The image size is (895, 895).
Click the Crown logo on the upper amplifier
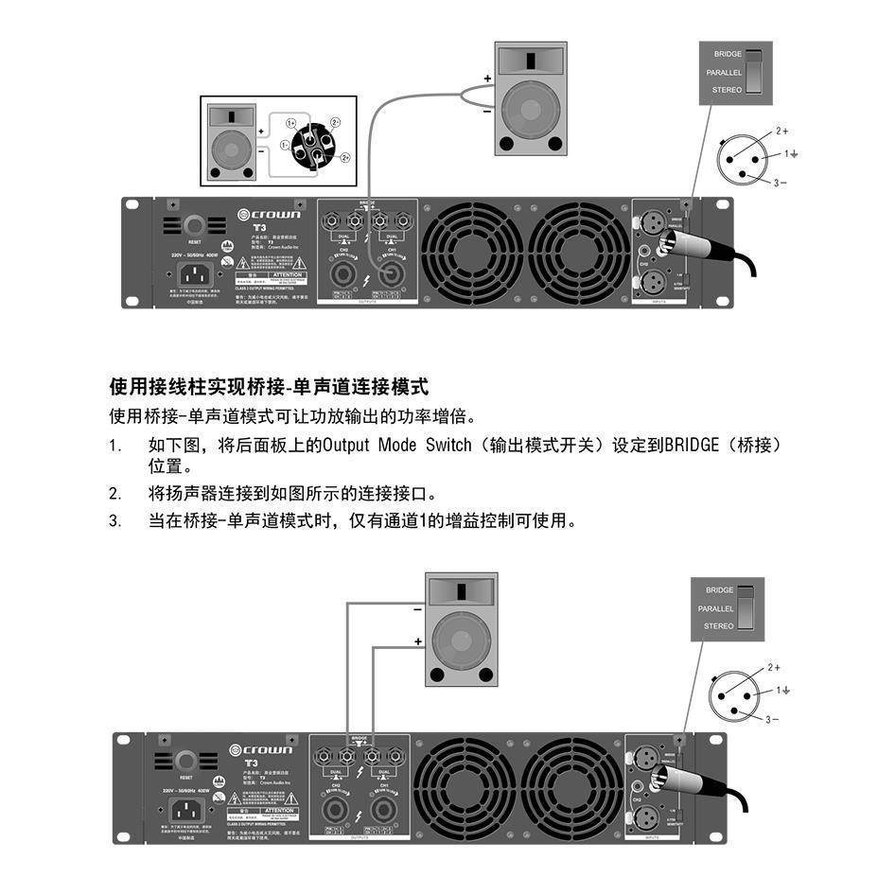point(269,215)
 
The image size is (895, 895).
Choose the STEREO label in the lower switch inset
point(718,625)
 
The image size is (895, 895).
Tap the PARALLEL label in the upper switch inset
point(724,72)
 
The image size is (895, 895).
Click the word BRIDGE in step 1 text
point(692,445)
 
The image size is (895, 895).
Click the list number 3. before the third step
point(115,520)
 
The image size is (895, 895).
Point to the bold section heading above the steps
point(270,387)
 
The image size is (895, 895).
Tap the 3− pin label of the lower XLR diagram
point(772,719)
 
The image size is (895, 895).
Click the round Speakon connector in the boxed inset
point(312,145)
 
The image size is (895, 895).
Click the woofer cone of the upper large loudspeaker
point(533,102)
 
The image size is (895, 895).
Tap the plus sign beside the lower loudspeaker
point(417,641)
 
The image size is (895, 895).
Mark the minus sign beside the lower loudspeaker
point(417,610)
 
